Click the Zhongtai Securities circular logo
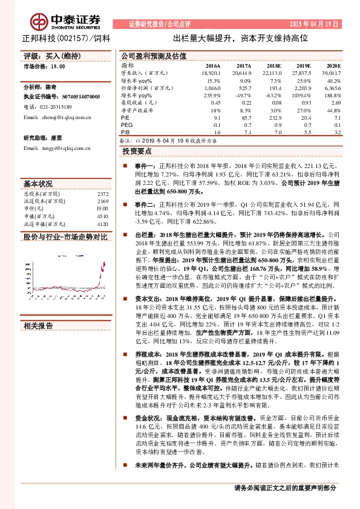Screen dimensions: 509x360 tap(42, 22)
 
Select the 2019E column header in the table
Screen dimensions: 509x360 tap(303, 65)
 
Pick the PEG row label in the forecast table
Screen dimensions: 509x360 tap(126, 125)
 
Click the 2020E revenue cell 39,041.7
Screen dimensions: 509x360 tap(330, 73)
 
